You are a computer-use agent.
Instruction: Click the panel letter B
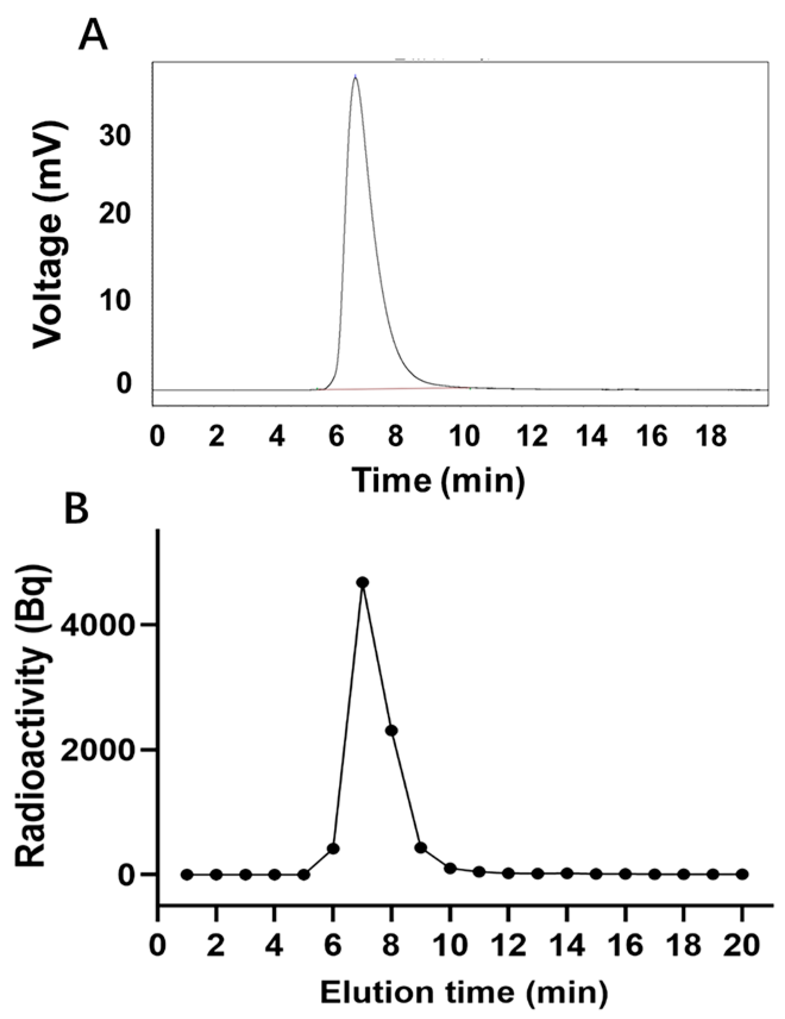pos(76,509)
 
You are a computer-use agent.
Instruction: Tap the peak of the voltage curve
pos(355,77)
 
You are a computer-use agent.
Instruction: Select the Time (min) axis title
pos(439,479)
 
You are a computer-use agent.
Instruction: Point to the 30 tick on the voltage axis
pos(115,136)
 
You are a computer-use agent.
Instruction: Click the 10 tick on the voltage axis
pos(115,300)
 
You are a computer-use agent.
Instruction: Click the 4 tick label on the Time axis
pos(277,436)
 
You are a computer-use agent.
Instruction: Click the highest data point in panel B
pos(362,582)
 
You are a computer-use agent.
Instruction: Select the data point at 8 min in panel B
pos(391,730)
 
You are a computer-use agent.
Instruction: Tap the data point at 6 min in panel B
pos(333,848)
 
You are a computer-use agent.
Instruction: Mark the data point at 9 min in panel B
pos(421,848)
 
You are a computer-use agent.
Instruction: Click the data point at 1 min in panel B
pos(187,874)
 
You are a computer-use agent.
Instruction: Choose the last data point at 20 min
pos(742,874)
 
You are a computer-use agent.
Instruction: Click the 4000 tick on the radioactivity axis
pos(102,625)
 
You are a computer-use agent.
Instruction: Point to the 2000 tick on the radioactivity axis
pos(102,750)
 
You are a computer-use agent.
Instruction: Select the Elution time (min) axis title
pos(464,992)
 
